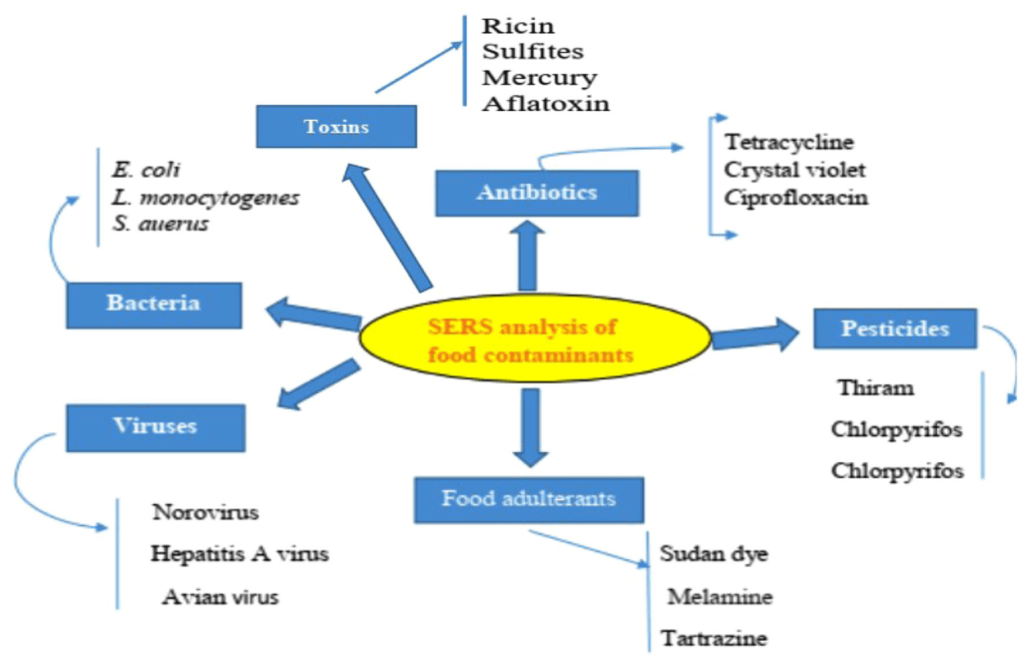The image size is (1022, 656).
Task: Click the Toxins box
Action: coord(336,127)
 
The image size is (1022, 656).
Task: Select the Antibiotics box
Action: coord(536,193)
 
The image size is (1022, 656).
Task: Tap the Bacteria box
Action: coord(154,304)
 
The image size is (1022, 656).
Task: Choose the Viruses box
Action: coord(155,426)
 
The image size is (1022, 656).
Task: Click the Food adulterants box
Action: coord(529,498)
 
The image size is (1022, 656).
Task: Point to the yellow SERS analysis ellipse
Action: coord(534,338)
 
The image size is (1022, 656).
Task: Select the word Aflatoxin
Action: coord(546,103)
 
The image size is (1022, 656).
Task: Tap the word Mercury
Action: coord(539,77)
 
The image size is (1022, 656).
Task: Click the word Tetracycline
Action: coord(789,142)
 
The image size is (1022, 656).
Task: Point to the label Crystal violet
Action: coord(795,169)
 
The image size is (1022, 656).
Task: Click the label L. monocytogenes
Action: coord(206,197)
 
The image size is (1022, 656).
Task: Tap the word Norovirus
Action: coord(206,513)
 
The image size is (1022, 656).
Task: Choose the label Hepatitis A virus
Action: coord(239,553)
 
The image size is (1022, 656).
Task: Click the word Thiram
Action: coord(875,388)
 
